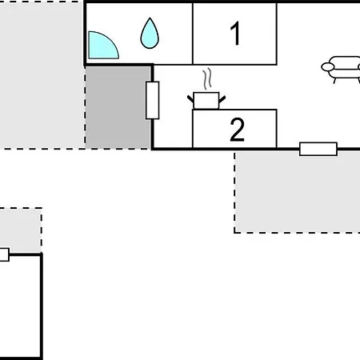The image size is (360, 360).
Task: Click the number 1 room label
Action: (x=235, y=34)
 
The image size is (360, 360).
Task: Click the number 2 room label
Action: (x=237, y=130)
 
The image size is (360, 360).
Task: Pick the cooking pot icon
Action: (x=206, y=99)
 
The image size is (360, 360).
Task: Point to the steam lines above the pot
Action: (x=207, y=79)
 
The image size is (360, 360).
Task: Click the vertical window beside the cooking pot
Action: (x=153, y=100)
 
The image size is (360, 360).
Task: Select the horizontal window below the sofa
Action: (x=318, y=149)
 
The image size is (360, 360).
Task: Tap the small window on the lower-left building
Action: (x=3, y=254)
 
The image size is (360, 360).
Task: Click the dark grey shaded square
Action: (x=118, y=107)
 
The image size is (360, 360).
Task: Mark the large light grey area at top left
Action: (x=40, y=72)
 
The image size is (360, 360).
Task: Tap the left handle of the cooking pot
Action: (x=191, y=98)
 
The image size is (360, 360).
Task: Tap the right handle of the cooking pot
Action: (x=222, y=98)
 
